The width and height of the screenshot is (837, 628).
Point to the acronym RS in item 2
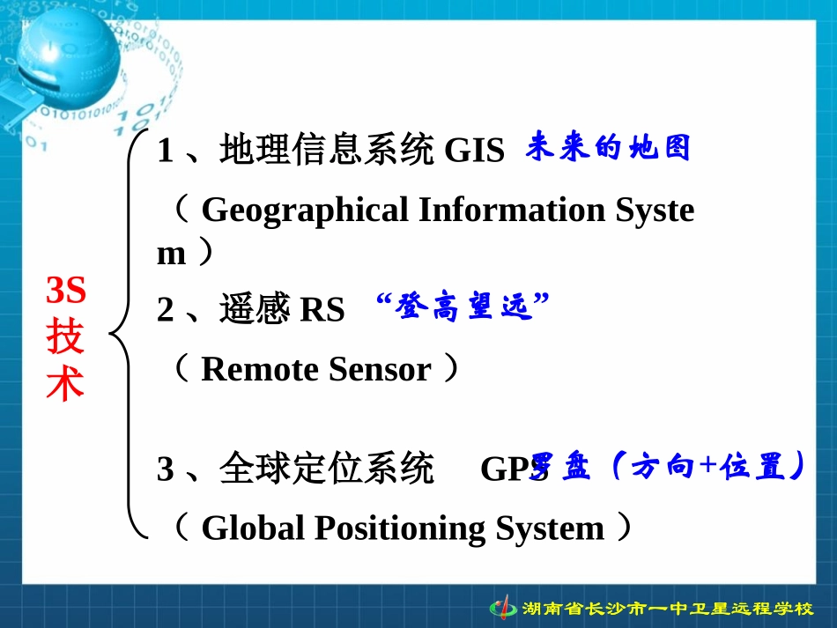(322, 310)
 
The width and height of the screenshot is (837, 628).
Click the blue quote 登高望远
(463, 308)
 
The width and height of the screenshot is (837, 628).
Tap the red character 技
(66, 337)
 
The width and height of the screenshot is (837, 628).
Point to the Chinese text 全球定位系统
(327, 469)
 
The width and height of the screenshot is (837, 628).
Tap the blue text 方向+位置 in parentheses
(708, 468)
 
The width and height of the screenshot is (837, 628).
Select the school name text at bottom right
(667, 609)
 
